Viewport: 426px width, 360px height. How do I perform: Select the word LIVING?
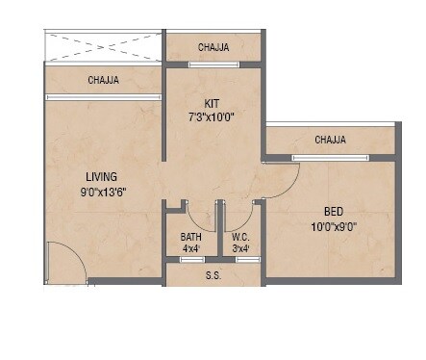tap(101, 177)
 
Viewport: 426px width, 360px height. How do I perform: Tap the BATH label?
tap(191, 237)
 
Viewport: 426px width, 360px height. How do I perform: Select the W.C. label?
tap(240, 237)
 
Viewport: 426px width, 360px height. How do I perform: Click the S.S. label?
tap(213, 274)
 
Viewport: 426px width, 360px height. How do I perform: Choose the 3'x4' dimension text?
tap(240, 249)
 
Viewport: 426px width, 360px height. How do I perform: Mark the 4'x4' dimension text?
tap(191, 249)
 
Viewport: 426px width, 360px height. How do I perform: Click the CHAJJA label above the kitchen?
tap(213, 47)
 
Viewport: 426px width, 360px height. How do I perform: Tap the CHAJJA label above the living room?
tap(103, 80)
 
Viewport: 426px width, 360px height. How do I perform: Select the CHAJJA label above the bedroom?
tap(330, 140)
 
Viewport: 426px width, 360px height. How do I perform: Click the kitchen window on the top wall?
tap(213, 64)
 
